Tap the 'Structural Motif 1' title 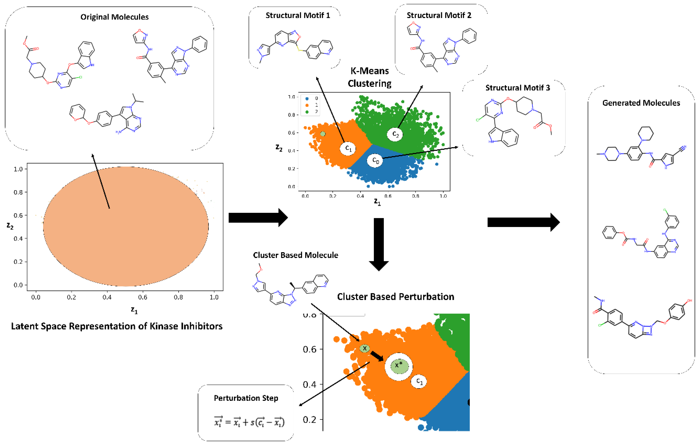[298, 15]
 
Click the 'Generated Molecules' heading [641, 103]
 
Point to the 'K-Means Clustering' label [369, 77]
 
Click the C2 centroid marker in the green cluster [395, 134]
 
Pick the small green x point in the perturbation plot [365, 348]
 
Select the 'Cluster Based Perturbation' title [395, 297]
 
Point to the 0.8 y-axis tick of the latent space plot [18, 192]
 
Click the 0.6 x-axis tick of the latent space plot [143, 297]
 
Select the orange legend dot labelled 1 [307, 105]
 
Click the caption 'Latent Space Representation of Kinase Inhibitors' [117, 326]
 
